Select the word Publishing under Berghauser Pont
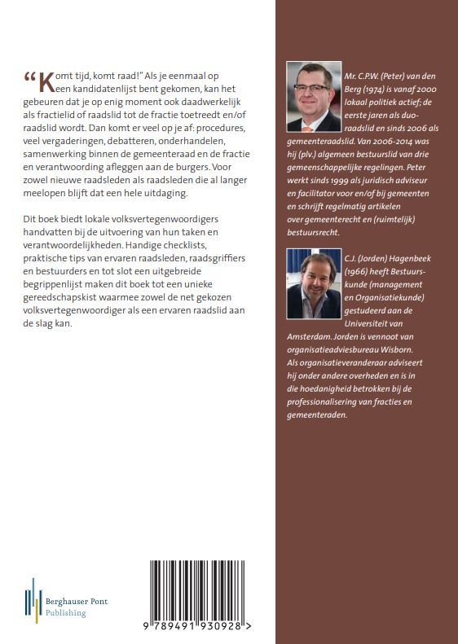tap(66, 612)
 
